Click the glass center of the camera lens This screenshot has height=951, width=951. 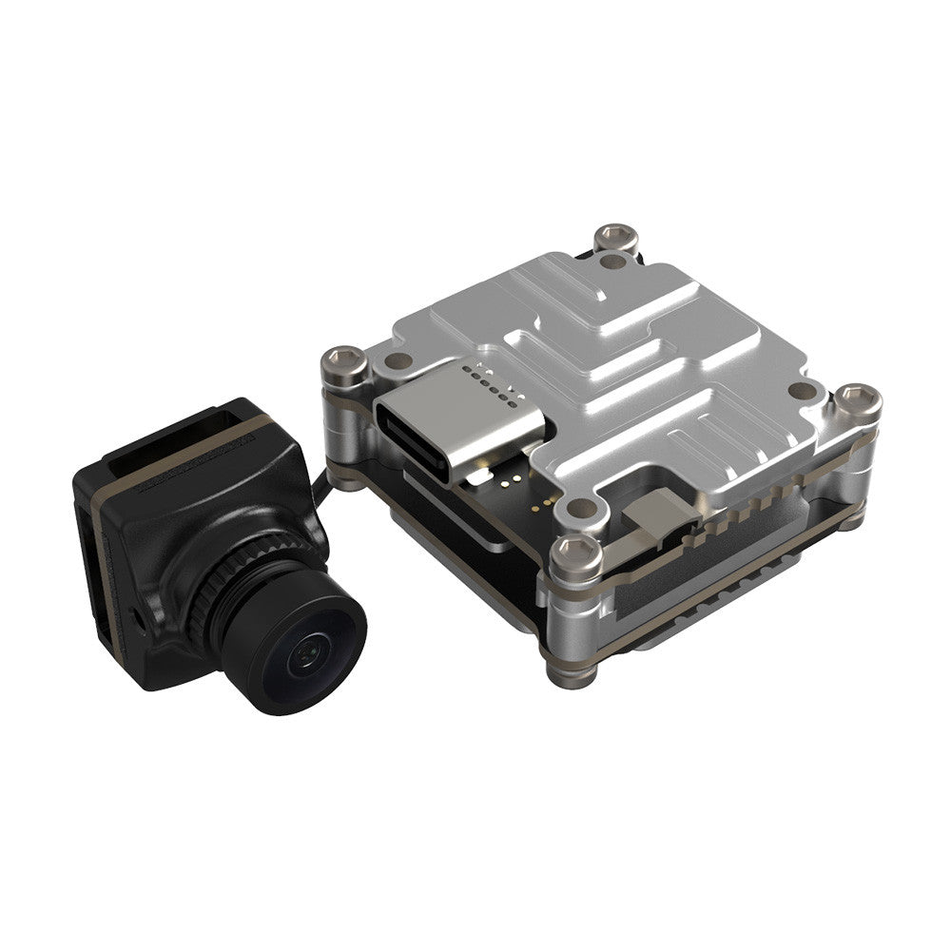(x=302, y=653)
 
